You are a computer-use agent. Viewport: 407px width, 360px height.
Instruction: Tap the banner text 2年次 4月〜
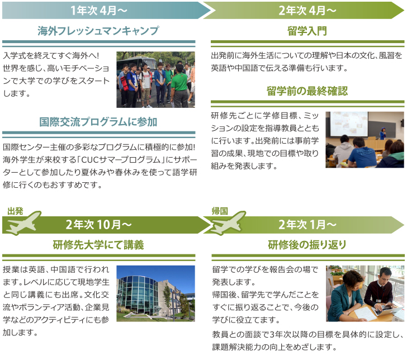click(307, 10)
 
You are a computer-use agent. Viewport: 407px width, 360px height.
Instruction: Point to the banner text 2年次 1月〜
click(307, 225)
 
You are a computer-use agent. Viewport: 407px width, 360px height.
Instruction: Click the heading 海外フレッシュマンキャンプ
click(98, 31)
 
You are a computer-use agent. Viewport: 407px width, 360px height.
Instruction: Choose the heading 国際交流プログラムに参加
click(98, 122)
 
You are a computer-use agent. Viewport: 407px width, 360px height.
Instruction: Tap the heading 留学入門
click(307, 31)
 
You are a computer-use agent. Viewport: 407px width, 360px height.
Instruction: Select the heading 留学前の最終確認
click(307, 91)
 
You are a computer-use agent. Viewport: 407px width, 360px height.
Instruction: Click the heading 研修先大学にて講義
click(98, 245)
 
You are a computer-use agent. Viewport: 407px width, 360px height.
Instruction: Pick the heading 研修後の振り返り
click(307, 245)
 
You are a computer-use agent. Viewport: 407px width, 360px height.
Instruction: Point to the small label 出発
click(15, 211)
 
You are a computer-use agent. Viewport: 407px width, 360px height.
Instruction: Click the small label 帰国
click(220, 211)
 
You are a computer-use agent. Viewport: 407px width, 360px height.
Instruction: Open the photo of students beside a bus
click(155, 79)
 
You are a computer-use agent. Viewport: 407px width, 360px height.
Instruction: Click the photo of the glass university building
click(155, 293)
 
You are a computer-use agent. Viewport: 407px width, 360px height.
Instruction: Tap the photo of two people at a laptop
click(365, 293)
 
